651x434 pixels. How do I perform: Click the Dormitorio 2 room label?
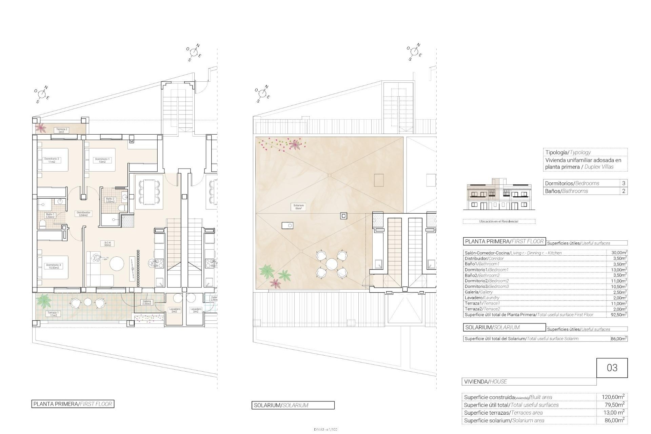pyautogui.click(x=52, y=160)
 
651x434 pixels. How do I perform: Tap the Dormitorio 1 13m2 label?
pyautogui.click(x=102, y=160)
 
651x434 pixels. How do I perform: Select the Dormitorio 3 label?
pyautogui.click(x=53, y=266)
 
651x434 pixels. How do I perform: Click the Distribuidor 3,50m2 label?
pyautogui.click(x=83, y=214)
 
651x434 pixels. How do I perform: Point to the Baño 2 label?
pyautogui.click(x=111, y=200)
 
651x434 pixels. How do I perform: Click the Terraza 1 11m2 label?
pyautogui.click(x=53, y=314)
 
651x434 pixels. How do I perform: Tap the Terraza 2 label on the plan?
pyautogui.click(x=61, y=130)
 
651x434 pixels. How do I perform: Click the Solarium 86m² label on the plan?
pyautogui.click(x=299, y=207)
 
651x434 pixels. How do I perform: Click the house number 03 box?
pyautogui.click(x=612, y=368)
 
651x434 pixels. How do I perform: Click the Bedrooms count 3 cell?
pyautogui.click(x=624, y=183)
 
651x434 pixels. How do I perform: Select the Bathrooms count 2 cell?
pyautogui.click(x=624, y=191)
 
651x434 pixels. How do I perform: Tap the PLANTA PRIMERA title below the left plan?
pyautogui.click(x=73, y=404)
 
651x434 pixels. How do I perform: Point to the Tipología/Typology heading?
pyautogui.click(x=568, y=152)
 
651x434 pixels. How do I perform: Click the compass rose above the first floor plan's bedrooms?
pyautogui.click(x=42, y=93)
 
